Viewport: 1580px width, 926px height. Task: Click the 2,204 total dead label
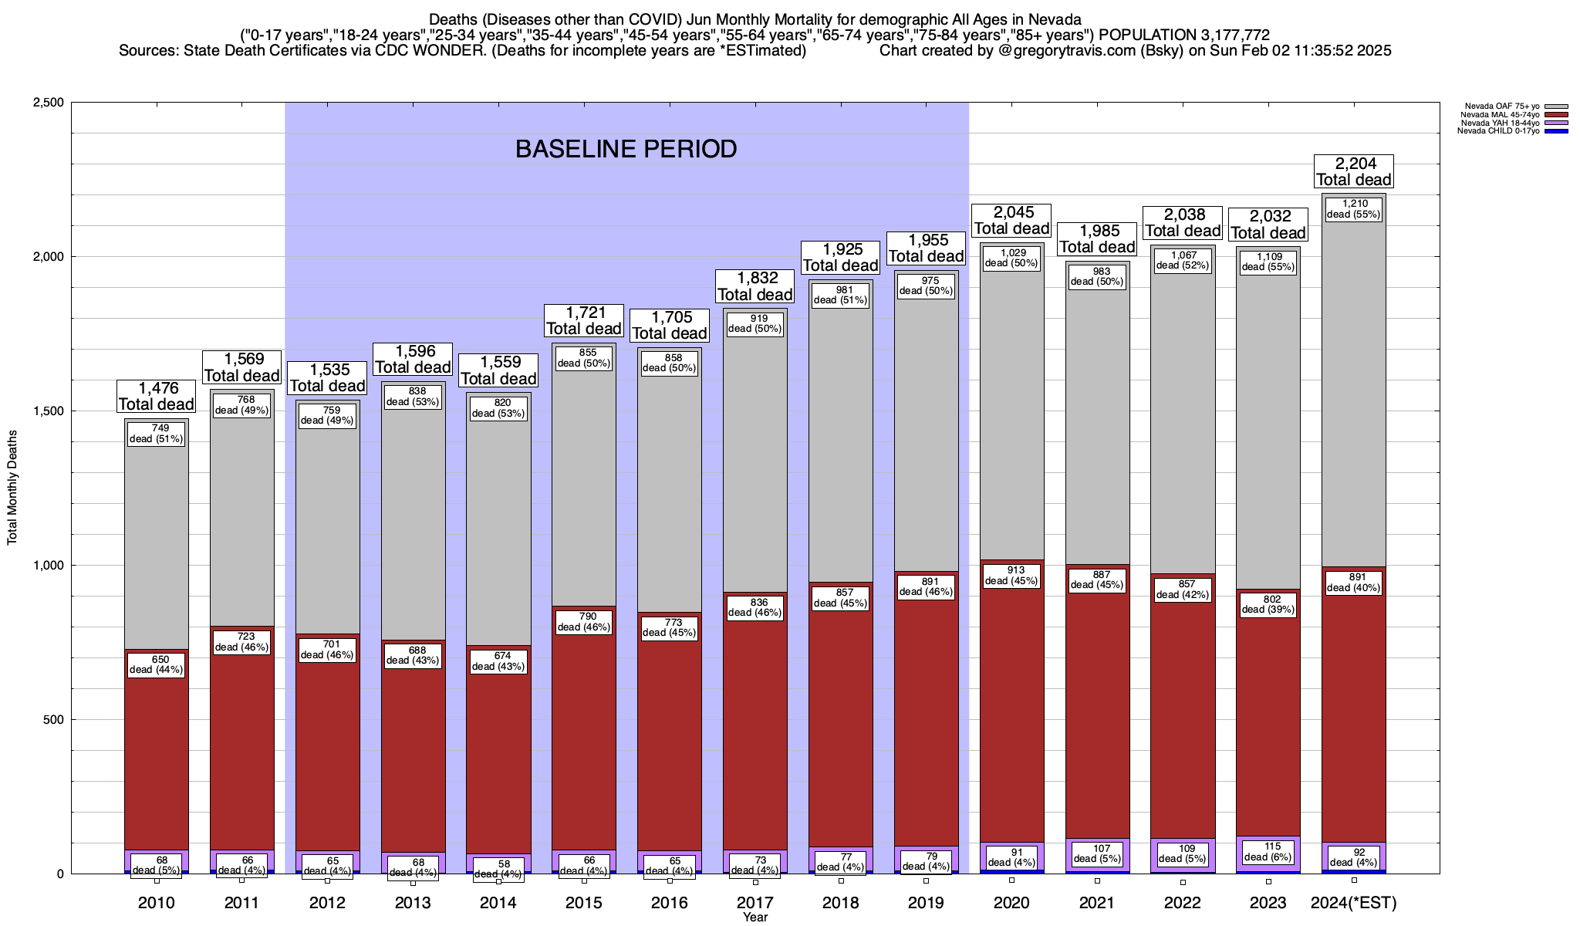point(1353,171)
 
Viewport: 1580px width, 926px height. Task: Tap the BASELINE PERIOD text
point(626,149)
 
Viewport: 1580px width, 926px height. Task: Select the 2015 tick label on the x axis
point(584,903)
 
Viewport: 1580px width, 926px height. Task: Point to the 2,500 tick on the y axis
point(48,103)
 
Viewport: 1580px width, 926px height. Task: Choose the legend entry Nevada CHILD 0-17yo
point(1497,131)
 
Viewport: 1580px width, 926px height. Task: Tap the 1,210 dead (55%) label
point(1353,209)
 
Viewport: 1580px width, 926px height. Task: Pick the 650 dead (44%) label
point(157,664)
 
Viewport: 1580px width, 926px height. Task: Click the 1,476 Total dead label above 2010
point(156,396)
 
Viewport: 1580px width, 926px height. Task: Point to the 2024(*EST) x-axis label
point(1354,903)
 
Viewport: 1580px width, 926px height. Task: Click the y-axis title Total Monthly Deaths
point(12,487)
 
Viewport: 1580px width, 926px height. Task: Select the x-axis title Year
point(755,918)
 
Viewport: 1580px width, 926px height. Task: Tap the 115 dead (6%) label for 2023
point(1268,851)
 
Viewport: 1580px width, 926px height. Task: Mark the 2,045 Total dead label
point(1011,220)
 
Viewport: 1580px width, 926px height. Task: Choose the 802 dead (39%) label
point(1268,604)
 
